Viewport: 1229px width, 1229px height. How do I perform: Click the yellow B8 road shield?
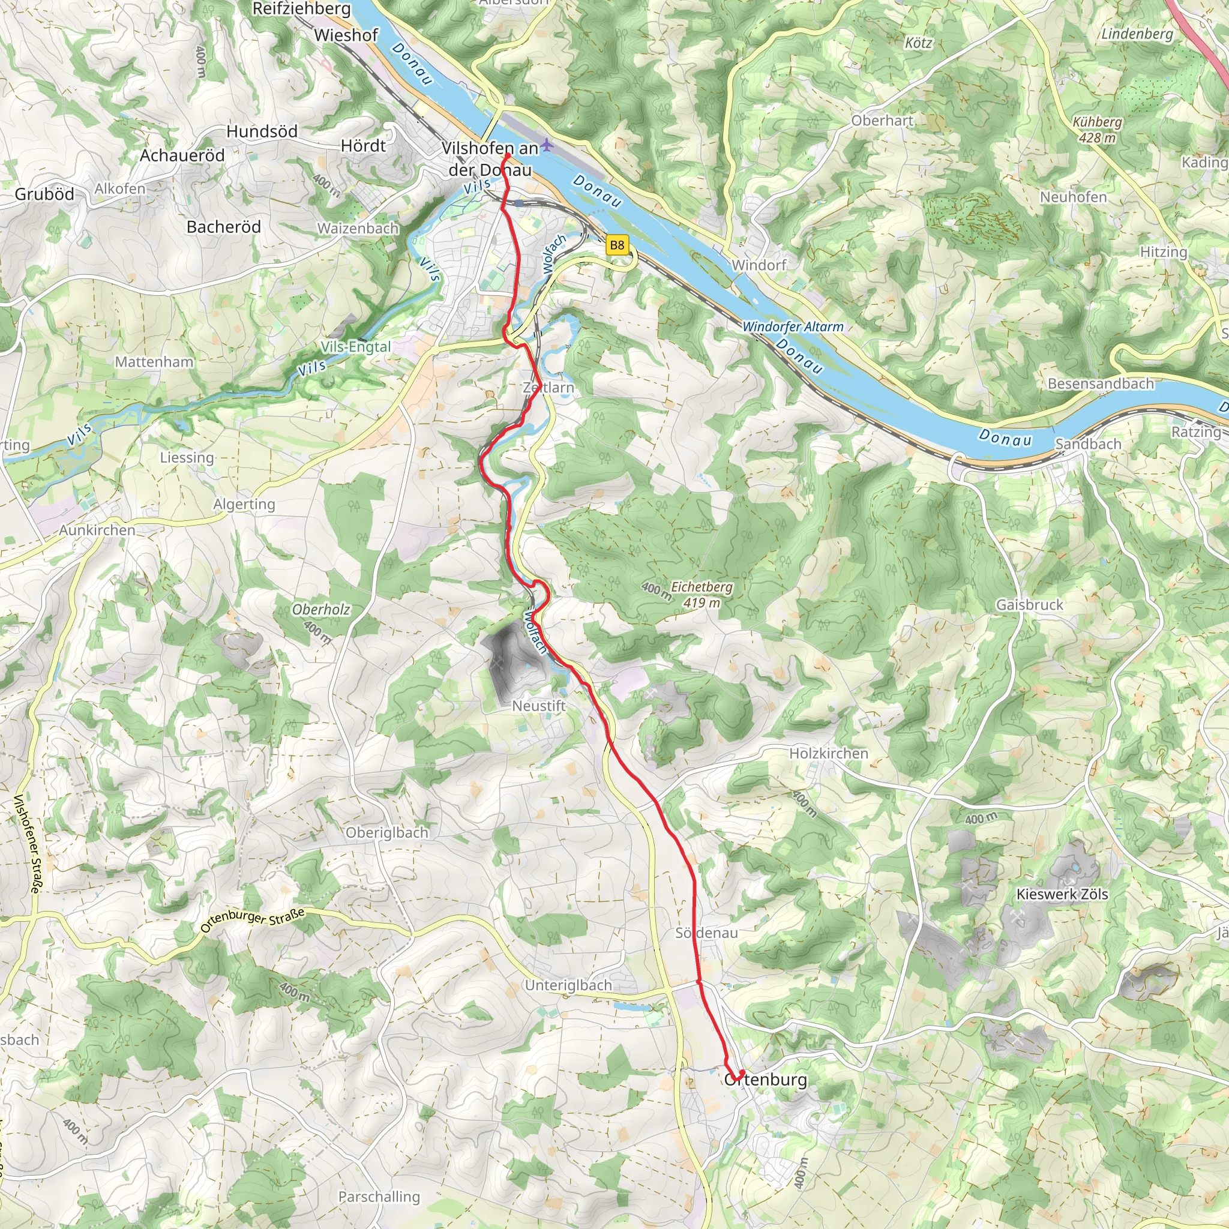click(x=616, y=245)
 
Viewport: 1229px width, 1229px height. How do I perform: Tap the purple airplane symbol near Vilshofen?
click(x=547, y=146)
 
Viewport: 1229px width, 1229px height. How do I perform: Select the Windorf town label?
click(x=759, y=265)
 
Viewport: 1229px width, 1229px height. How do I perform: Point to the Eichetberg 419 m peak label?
click(x=702, y=594)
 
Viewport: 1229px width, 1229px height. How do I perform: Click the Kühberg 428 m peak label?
click(x=1097, y=129)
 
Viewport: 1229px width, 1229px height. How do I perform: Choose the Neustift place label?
click(x=539, y=706)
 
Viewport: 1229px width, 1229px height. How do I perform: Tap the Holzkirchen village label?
click(x=828, y=753)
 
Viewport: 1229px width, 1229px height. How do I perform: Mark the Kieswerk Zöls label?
click(x=1062, y=894)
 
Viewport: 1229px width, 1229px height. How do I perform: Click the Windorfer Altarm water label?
click(x=793, y=326)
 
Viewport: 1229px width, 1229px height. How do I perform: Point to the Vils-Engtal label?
click(x=356, y=347)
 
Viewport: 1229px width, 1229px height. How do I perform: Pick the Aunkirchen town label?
click(x=97, y=530)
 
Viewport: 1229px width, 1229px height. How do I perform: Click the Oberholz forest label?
click(x=320, y=610)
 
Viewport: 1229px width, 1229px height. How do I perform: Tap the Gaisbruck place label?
click(x=1029, y=604)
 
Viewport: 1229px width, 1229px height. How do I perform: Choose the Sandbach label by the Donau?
click(x=1088, y=444)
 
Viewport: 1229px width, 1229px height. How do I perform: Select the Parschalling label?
click(x=379, y=1197)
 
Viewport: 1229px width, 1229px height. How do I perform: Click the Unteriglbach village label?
click(x=568, y=985)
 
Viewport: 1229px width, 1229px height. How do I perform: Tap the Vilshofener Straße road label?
click(x=28, y=844)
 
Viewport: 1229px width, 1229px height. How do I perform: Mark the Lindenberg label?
click(x=1137, y=34)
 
